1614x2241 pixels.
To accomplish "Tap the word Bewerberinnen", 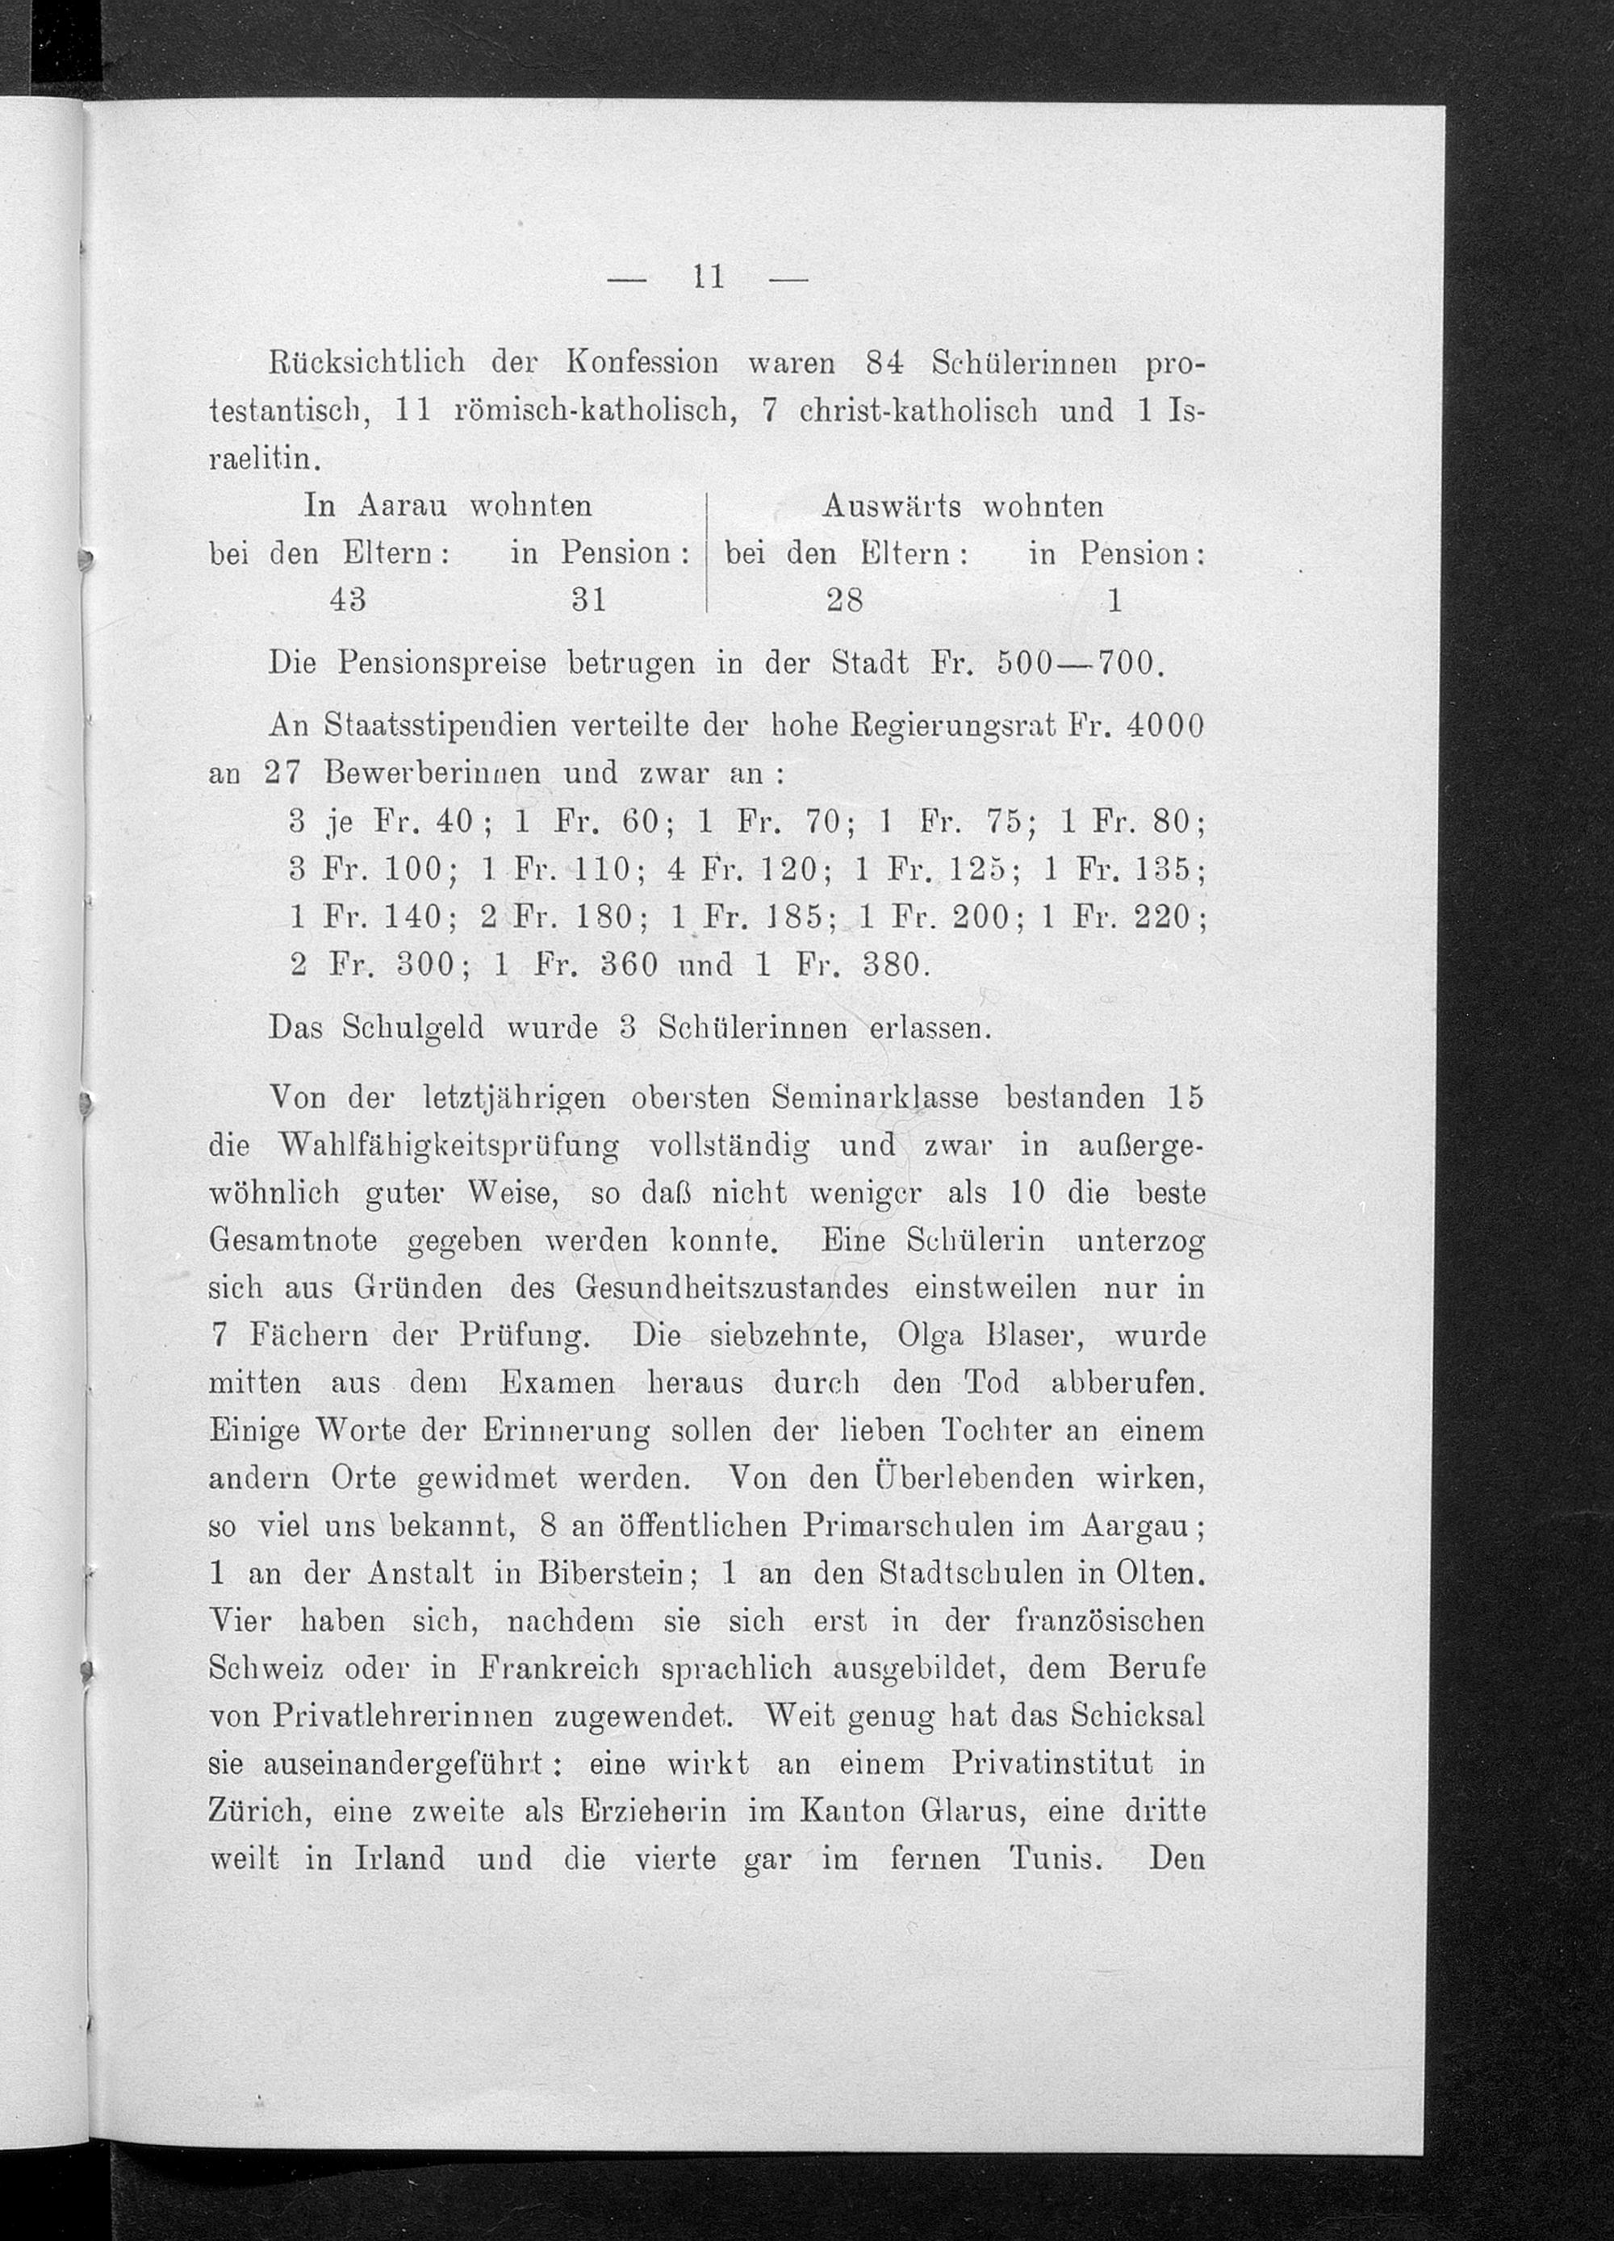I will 432,773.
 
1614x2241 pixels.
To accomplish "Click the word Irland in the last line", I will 399,1859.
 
